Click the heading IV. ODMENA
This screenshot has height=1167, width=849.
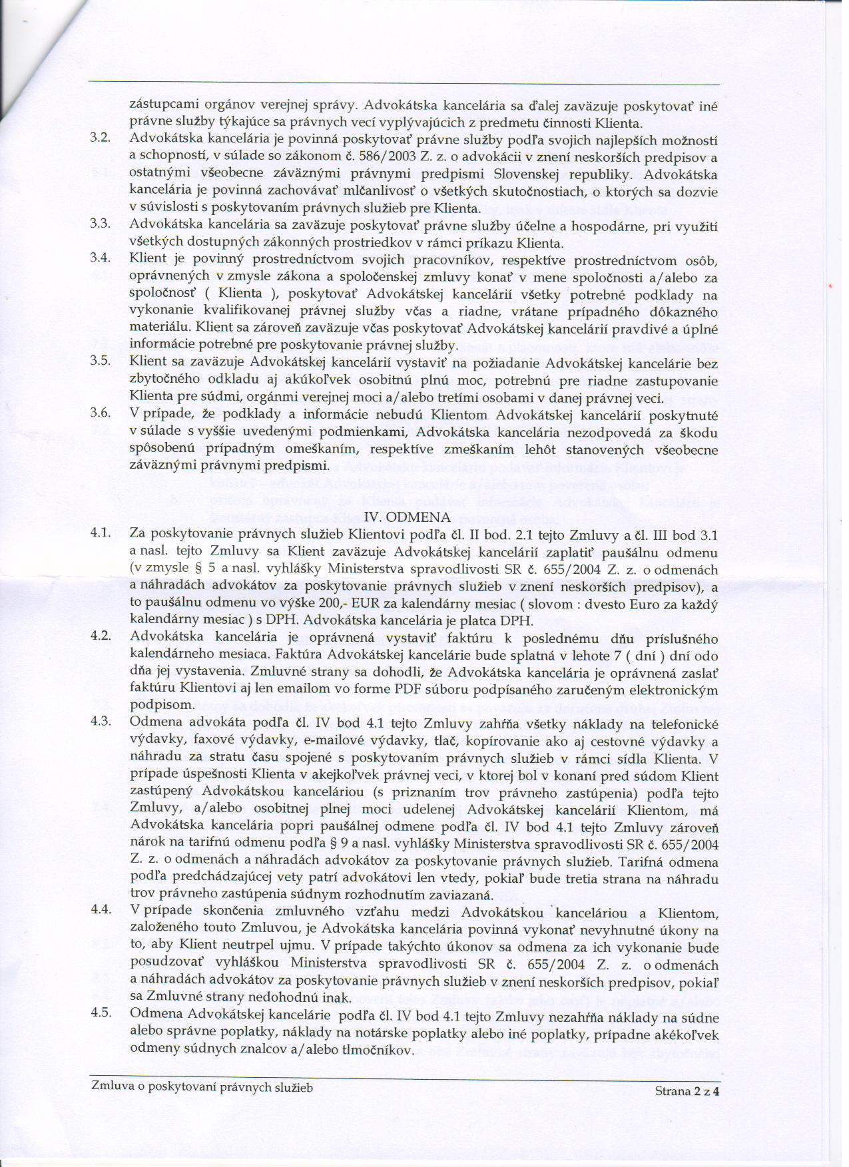pos(408,517)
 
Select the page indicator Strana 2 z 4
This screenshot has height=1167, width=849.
pos(688,1091)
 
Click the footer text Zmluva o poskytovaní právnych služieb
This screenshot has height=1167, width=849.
pos(202,1087)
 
